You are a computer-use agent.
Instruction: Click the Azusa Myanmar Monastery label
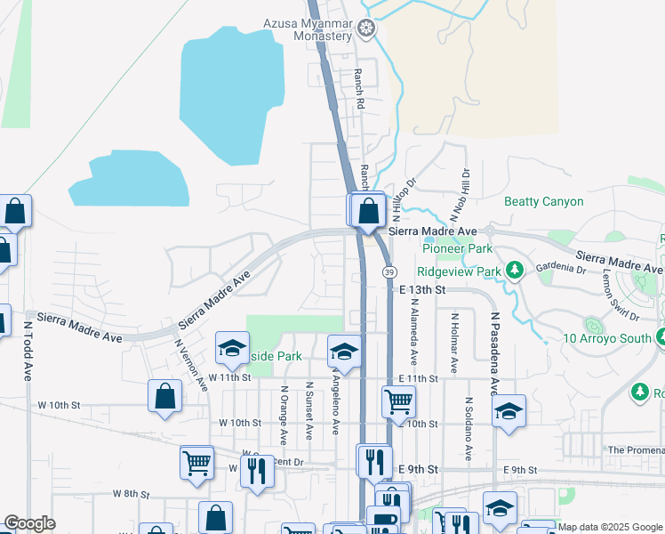(308, 30)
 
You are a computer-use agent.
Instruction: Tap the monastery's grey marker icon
(365, 30)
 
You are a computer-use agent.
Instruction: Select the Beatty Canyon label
(544, 202)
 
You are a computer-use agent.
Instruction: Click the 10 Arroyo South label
(607, 338)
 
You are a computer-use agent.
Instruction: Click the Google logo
(29, 523)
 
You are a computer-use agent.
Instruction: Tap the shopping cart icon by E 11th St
(399, 400)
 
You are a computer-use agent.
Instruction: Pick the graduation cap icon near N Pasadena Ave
(509, 411)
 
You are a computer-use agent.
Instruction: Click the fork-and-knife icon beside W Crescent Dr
(257, 469)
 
